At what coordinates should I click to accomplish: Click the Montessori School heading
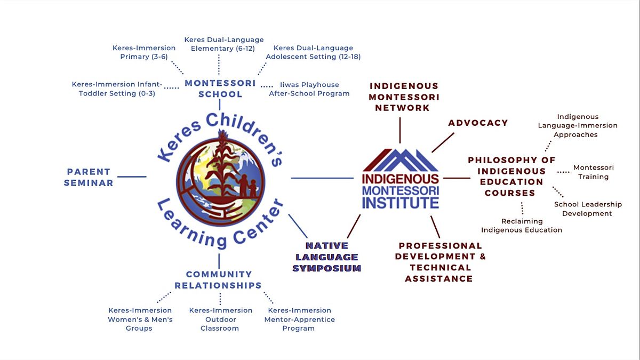pos(220,89)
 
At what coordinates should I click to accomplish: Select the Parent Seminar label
pos(89,177)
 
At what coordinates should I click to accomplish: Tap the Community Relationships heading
pos(219,279)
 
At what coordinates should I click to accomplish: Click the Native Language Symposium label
pos(326,257)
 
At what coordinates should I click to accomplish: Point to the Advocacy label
pos(478,123)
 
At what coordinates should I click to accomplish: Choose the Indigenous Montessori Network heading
pos(404,97)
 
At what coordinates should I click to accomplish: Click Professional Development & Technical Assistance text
pos(441,262)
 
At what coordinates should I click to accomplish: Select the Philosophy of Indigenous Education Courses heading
pos(511,177)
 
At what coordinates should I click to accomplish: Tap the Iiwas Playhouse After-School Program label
pos(309,89)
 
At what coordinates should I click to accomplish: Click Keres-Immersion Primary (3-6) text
pos(144,52)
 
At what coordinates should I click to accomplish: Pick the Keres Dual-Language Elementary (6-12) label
pos(224,44)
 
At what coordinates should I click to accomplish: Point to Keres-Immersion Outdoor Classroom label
pos(220,319)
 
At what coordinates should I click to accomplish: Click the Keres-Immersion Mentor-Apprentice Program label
pos(299,319)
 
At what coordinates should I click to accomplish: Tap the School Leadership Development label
pos(588,209)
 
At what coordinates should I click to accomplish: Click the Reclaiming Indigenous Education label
pos(522,226)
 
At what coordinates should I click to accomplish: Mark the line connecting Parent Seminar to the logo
pos(131,177)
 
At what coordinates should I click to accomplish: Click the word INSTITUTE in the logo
pos(401,202)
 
